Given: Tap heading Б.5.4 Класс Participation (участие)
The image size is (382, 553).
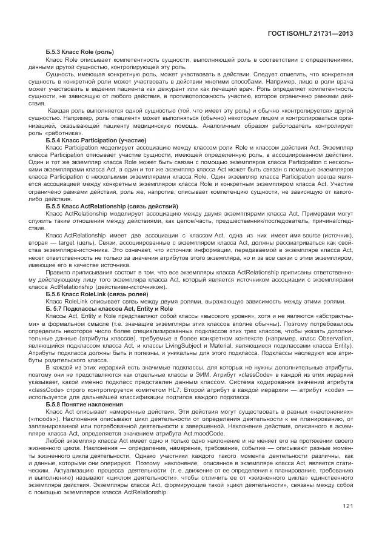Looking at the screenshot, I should tap(96, 140).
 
